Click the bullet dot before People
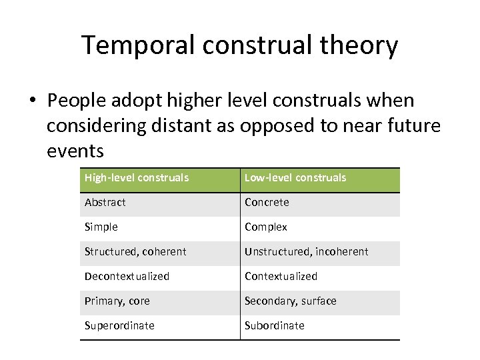(x=31, y=101)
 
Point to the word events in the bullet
(x=75, y=151)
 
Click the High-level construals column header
(x=137, y=178)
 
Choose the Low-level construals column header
(x=295, y=178)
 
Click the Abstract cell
(x=105, y=203)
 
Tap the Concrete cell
(x=267, y=203)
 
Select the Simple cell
(x=101, y=227)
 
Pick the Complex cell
(x=266, y=227)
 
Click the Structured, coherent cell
(x=135, y=252)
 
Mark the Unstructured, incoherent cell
(x=306, y=252)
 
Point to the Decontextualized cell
(x=127, y=277)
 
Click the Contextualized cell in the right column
(x=281, y=277)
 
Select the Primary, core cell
(x=117, y=301)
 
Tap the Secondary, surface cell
(x=290, y=301)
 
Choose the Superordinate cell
(x=119, y=326)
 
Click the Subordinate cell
(x=274, y=326)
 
